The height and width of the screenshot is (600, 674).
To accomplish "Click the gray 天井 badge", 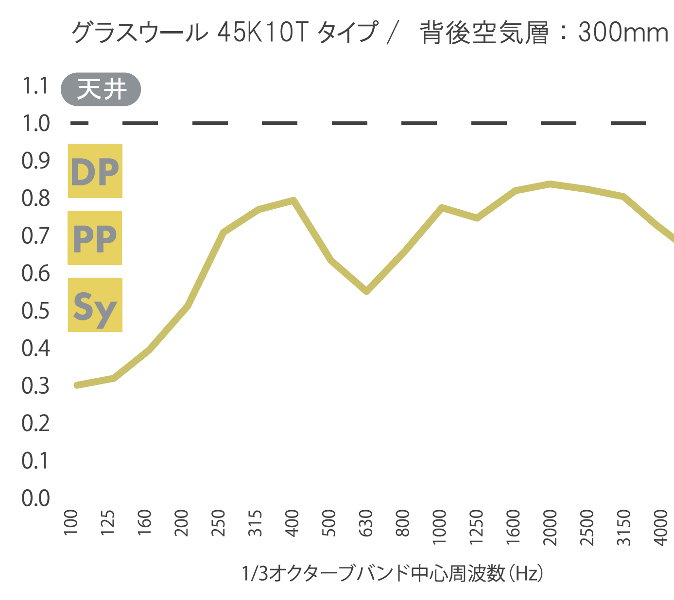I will coord(101,89).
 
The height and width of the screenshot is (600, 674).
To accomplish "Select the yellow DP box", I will coord(95,171).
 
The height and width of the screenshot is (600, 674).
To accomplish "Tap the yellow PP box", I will coord(95,238).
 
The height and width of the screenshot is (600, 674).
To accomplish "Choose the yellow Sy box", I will coord(95,305).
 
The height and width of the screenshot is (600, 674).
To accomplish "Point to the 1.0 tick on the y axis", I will coord(36,123).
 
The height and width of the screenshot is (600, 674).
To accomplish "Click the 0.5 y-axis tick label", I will coord(36,311).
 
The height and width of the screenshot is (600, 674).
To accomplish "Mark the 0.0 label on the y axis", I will coord(36,498).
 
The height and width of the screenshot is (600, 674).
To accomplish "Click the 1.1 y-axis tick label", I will coord(35,86).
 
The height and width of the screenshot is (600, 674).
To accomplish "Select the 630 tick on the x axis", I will coord(366,523).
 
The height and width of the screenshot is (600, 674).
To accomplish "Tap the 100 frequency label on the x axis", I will coord(71,523).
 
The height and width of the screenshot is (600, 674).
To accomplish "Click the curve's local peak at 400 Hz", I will coord(293,200).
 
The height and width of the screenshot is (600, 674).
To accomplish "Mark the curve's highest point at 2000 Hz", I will coord(550,184).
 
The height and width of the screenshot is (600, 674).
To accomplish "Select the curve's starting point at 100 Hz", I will coord(77,385).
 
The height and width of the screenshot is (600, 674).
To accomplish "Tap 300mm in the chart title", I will coord(623,33).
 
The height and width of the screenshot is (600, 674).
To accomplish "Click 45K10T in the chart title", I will coord(263,33).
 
